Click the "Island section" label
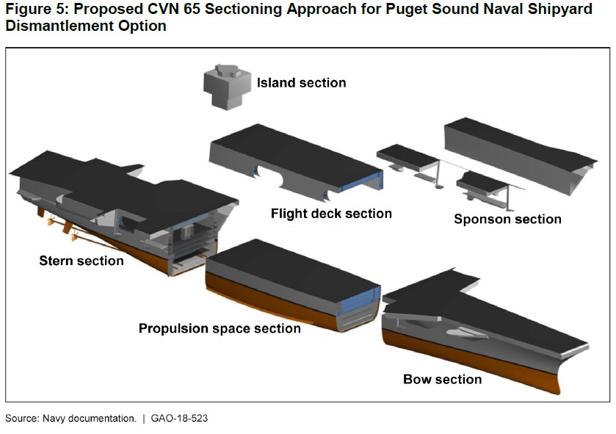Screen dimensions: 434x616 click(301, 82)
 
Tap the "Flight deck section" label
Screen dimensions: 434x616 click(331, 214)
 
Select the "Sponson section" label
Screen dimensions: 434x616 click(507, 219)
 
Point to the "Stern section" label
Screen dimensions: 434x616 click(81, 260)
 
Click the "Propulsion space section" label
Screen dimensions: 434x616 click(220, 328)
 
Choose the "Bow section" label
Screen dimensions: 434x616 click(442, 379)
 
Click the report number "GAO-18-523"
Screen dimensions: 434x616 click(184, 419)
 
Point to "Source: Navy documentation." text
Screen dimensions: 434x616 click(70, 419)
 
